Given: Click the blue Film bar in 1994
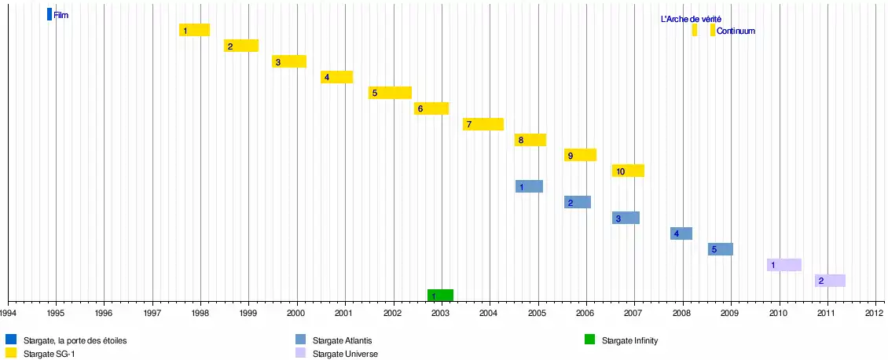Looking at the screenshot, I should [x=50, y=14].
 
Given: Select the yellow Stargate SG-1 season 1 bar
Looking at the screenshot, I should [x=194, y=30].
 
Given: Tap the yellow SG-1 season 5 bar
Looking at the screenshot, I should [x=390, y=93].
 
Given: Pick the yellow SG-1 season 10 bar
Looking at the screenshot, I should [x=628, y=171].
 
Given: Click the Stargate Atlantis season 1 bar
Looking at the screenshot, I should [x=529, y=186].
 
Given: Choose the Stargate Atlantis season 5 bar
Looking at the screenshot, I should [x=720, y=249].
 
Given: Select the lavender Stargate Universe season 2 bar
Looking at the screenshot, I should [x=830, y=281].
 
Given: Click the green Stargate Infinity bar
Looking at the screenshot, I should [x=440, y=296].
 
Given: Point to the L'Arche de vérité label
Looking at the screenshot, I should [x=691, y=19].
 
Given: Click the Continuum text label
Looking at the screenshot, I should [x=736, y=31].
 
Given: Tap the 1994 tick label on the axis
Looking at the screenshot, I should [x=8, y=313].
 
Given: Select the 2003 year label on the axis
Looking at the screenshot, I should [x=440, y=313].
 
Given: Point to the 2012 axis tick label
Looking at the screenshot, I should [x=875, y=313].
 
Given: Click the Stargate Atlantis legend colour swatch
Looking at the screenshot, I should [x=300, y=340].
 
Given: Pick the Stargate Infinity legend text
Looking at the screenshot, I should [x=629, y=341].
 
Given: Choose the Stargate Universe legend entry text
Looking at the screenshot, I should [x=345, y=354].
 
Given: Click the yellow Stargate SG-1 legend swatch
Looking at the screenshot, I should [x=11, y=354].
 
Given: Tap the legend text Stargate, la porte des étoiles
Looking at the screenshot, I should [x=75, y=341].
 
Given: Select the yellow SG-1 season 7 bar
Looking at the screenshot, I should [x=483, y=124].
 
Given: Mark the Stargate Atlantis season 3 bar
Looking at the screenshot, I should [x=626, y=218].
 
